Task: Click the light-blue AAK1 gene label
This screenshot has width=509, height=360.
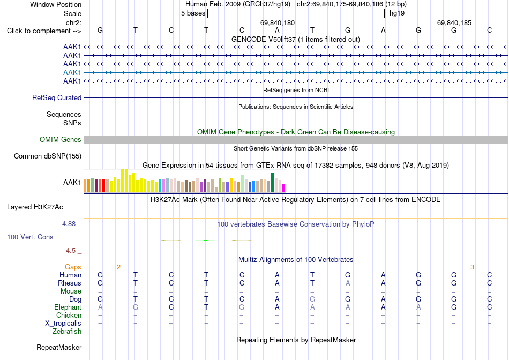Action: click(x=72, y=72)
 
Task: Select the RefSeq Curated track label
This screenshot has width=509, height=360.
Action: click(x=57, y=97)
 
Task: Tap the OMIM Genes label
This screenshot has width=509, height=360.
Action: click(x=61, y=140)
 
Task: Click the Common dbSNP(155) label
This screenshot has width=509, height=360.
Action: click(x=48, y=156)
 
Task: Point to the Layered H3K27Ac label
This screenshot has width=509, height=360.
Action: click(x=35, y=207)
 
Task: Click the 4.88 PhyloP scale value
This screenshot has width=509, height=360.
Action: click(x=69, y=224)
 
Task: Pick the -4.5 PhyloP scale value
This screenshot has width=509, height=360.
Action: click(x=70, y=251)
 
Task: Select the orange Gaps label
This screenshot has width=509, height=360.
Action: click(x=73, y=267)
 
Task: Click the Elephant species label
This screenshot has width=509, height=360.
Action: click(x=68, y=307)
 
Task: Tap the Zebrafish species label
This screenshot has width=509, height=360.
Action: click(x=67, y=332)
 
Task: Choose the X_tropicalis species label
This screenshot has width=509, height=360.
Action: click(x=63, y=324)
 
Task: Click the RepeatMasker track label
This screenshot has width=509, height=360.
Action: click(x=59, y=347)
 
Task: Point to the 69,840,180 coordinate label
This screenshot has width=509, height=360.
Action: click(x=278, y=22)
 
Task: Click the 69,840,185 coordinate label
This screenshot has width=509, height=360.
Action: click(x=454, y=22)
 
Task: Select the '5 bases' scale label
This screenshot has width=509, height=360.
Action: click(x=193, y=13)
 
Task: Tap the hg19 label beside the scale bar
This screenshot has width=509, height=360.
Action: click(x=397, y=13)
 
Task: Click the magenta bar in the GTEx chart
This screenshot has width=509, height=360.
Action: click(x=284, y=188)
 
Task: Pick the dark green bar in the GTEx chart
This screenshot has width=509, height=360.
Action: click(x=272, y=183)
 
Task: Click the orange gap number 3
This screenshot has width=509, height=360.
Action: click(x=472, y=267)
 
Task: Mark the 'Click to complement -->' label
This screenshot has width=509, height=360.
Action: click(x=44, y=31)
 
